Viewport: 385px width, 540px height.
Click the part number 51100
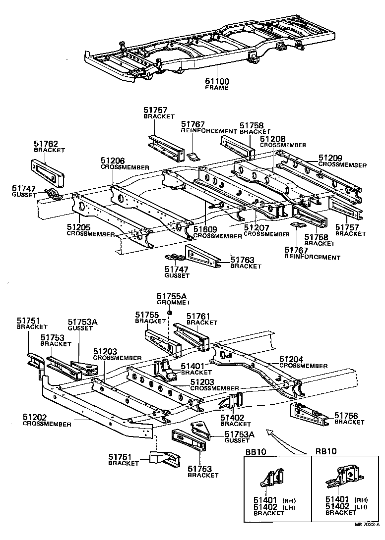(x=217, y=81)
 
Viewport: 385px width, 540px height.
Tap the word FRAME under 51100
(x=217, y=88)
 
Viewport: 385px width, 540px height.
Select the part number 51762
(x=46, y=143)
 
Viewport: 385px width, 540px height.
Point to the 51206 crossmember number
(x=113, y=161)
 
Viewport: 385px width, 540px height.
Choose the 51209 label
(x=330, y=159)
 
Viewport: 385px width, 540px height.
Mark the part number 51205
(x=79, y=227)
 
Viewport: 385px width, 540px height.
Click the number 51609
(x=205, y=229)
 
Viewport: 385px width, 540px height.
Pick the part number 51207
(x=256, y=227)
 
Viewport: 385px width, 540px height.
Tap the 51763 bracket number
(x=243, y=260)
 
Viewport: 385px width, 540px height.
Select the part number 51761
(x=198, y=316)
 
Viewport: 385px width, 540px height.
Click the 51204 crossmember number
(x=291, y=359)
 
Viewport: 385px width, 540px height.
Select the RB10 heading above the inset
(x=326, y=452)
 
